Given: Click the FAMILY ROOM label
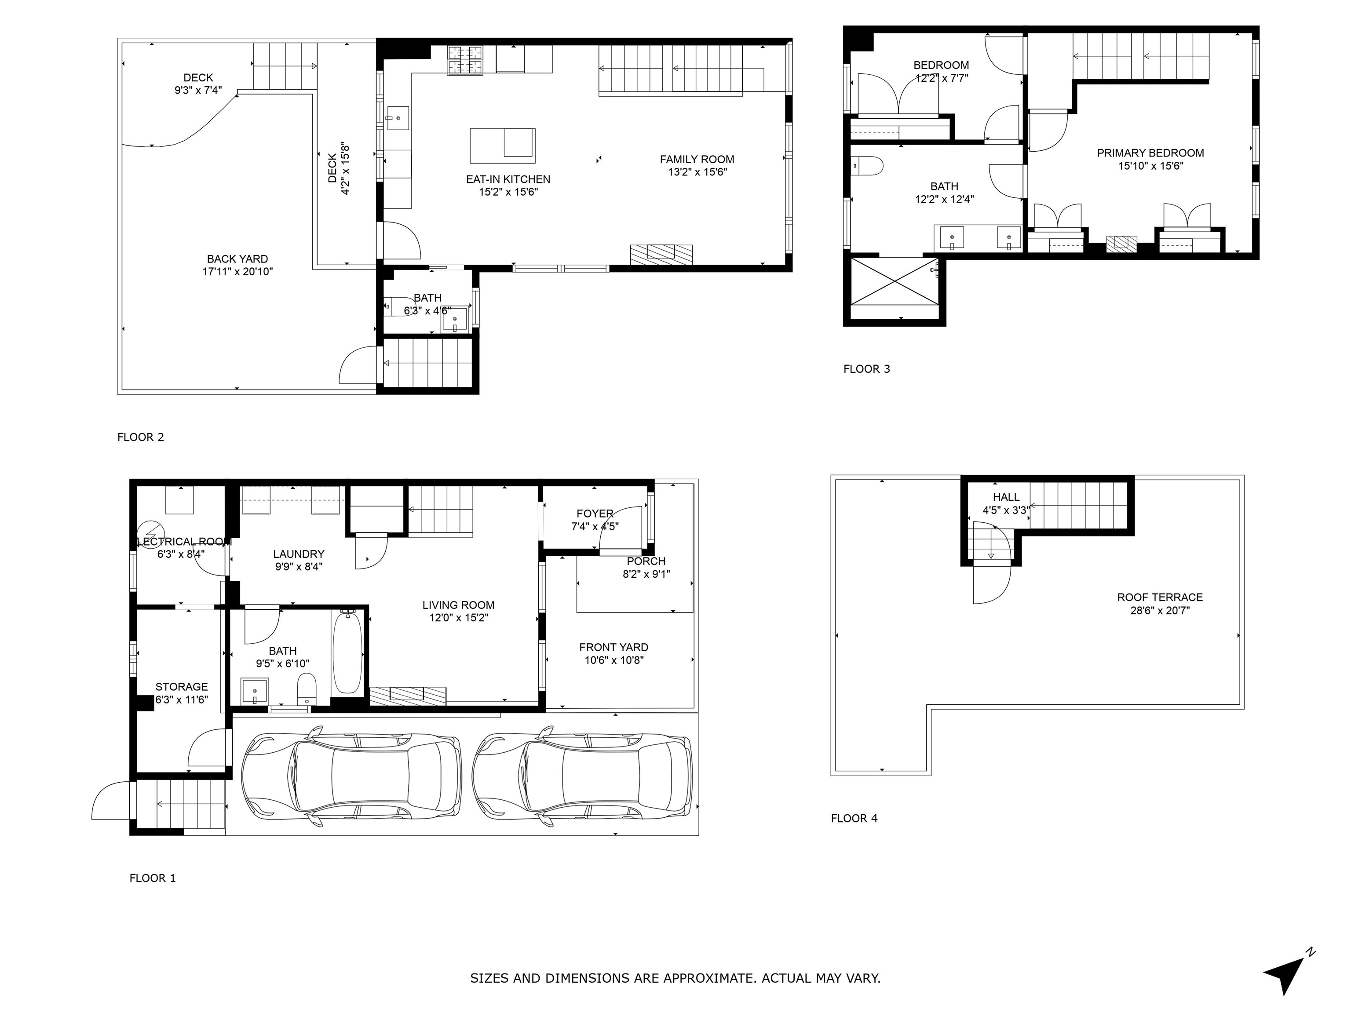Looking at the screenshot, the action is (697, 159).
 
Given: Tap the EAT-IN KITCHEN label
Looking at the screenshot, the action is (508, 179).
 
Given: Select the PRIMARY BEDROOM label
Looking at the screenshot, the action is (1150, 153).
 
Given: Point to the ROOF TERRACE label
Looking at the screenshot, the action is (1160, 597).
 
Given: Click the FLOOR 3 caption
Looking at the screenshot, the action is (867, 369).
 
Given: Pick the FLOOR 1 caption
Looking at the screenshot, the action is (153, 878).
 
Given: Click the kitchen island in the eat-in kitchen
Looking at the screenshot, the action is (503, 146).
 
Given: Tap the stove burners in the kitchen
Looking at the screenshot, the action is (465, 60).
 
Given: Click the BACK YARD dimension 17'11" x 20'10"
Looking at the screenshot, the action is (237, 272).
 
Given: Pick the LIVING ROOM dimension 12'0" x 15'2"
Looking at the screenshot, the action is (459, 618).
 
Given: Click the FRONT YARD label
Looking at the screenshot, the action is (614, 647).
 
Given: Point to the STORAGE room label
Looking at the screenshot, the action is (181, 687).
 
